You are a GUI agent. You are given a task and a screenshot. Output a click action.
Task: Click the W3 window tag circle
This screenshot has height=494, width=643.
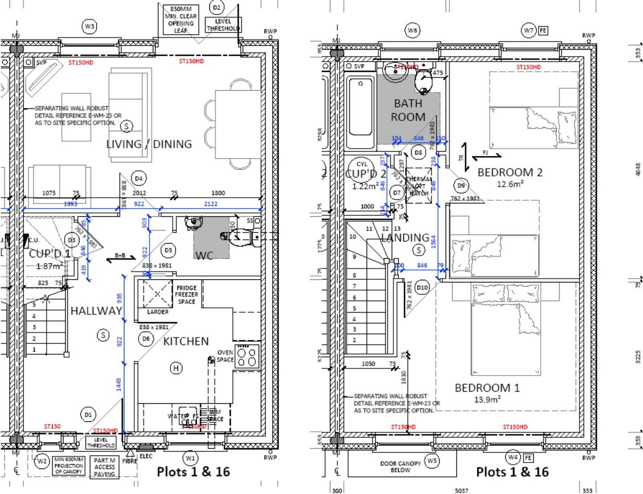89,26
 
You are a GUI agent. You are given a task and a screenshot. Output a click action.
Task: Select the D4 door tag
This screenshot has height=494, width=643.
138,178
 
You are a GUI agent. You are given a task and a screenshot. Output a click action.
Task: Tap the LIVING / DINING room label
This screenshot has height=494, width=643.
149,144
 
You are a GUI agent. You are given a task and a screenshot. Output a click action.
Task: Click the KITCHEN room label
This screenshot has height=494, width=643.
186,341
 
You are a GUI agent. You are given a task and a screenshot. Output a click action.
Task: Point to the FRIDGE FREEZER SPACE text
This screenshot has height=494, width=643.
187,294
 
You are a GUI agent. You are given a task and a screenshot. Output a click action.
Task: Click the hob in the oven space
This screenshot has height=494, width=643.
247,357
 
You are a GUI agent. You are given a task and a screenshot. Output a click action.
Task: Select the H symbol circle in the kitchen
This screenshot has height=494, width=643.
176,368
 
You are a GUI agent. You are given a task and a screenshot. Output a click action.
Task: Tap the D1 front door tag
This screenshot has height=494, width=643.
88,415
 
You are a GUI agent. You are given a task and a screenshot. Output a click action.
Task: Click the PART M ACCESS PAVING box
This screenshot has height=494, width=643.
105,467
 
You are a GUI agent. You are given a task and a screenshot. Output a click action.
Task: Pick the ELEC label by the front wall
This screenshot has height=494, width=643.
146,456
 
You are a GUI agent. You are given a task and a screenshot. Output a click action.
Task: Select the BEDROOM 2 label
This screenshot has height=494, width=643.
510,172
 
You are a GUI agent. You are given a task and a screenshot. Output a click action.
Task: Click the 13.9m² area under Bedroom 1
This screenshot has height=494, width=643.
487,399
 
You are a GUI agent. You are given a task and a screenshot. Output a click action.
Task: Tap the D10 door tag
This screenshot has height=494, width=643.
422,287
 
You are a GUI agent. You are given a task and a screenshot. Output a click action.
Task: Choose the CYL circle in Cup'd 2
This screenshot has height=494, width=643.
362,164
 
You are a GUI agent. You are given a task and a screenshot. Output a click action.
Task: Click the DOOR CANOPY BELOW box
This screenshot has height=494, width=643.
400,466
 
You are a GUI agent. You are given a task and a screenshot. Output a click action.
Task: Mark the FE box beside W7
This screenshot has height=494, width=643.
543,30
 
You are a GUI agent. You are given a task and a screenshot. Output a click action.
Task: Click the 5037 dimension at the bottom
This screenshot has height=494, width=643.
461,491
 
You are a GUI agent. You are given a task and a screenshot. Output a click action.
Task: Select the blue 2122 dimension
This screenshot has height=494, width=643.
211,204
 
